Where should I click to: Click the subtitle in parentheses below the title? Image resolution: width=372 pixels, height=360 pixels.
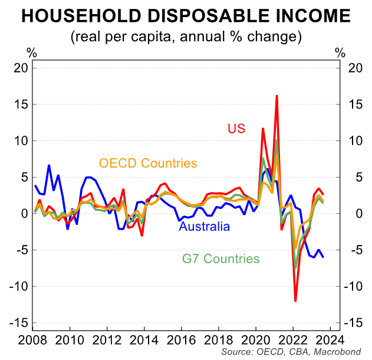coord(186,37)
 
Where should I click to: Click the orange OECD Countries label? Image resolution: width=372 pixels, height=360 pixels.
coord(148,163)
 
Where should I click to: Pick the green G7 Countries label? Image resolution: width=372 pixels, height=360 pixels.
coord(220,258)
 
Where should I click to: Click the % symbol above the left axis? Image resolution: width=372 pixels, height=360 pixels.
coord(31,53)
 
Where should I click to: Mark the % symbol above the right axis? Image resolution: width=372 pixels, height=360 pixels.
coord(340,53)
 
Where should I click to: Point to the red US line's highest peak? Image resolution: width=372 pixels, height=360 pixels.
coord(276,96)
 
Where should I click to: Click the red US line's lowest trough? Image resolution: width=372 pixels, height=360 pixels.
coord(295,301)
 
